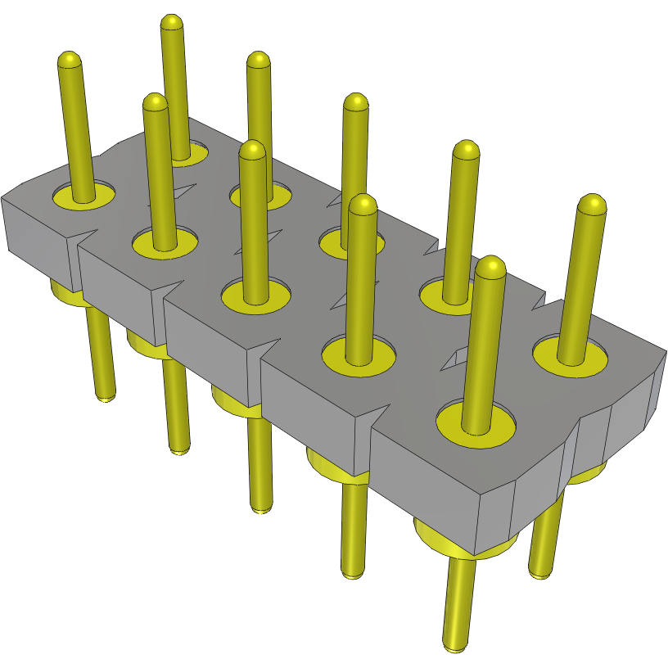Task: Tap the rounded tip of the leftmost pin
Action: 70,61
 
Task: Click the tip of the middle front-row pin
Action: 253,150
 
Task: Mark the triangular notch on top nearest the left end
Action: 182,193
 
